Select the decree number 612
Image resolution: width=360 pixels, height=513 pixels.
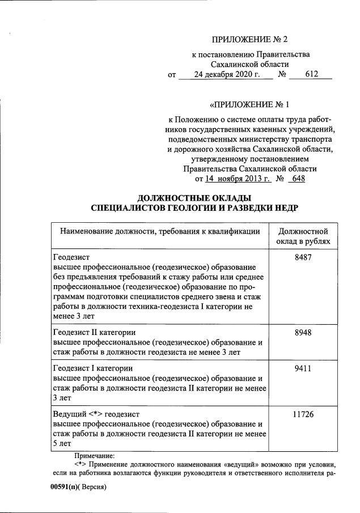(311, 74)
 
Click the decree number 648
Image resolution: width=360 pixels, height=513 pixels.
(298, 179)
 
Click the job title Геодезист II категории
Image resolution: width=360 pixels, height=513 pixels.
(94, 332)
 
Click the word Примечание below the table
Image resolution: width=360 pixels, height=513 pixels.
(94, 455)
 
